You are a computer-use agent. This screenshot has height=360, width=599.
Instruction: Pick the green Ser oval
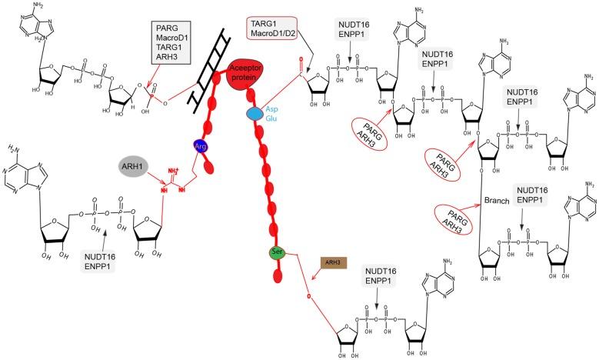tap(278, 252)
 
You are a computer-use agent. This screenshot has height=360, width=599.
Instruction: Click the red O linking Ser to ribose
tap(308, 296)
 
